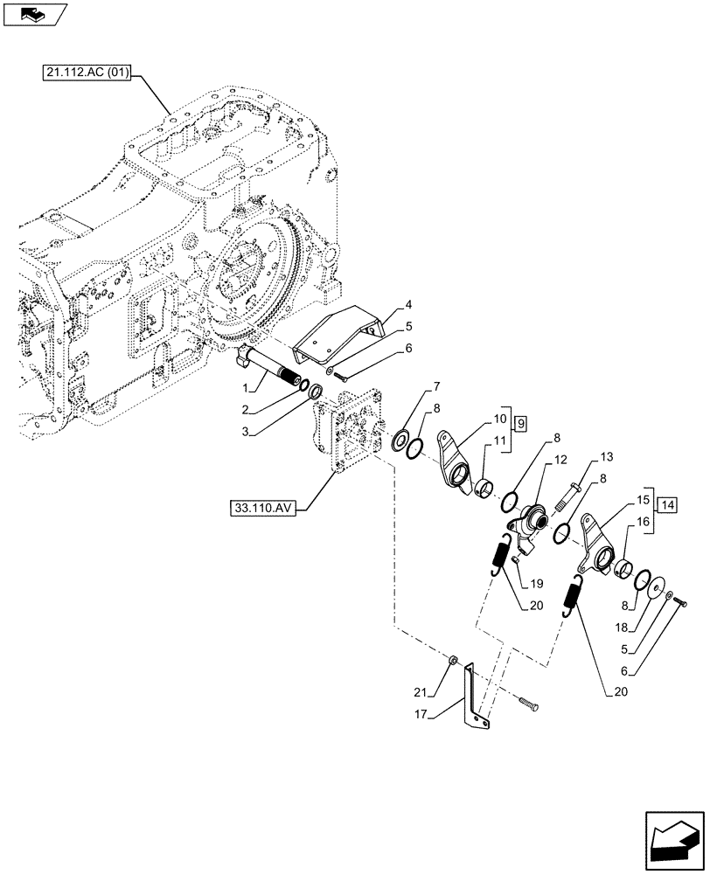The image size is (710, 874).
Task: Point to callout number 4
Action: coord(407,306)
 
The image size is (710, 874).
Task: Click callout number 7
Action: coord(435,386)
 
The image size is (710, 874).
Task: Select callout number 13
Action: coord(607,456)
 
